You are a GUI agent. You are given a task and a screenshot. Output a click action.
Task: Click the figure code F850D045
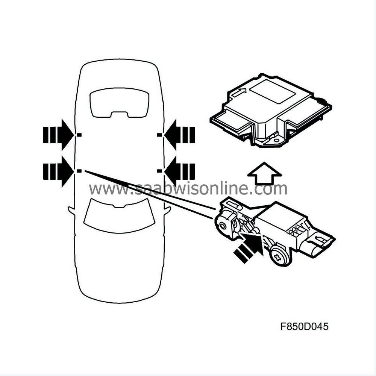point(304,326)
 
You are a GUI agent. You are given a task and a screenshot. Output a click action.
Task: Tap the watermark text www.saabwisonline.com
point(188,188)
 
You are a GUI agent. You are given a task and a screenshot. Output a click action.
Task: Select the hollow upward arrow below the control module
point(264,173)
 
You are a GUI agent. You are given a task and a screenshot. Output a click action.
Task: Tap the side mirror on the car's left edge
point(71,211)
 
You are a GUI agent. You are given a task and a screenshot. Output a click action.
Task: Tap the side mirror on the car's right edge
point(167,211)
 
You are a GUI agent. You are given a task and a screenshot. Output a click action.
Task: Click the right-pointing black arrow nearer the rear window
point(58,135)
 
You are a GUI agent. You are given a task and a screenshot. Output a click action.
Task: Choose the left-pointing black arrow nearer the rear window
point(180,135)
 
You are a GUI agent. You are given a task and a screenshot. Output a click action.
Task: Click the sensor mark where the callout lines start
point(79,171)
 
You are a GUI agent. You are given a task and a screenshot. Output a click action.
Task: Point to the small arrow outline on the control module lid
point(239,92)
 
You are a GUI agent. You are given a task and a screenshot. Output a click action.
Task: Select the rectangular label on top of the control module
point(272,92)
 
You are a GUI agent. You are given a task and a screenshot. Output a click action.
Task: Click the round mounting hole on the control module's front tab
point(276,141)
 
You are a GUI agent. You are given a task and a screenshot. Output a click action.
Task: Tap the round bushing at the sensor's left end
point(223,226)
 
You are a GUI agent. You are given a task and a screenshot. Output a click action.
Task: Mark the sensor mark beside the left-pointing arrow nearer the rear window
point(159,135)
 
